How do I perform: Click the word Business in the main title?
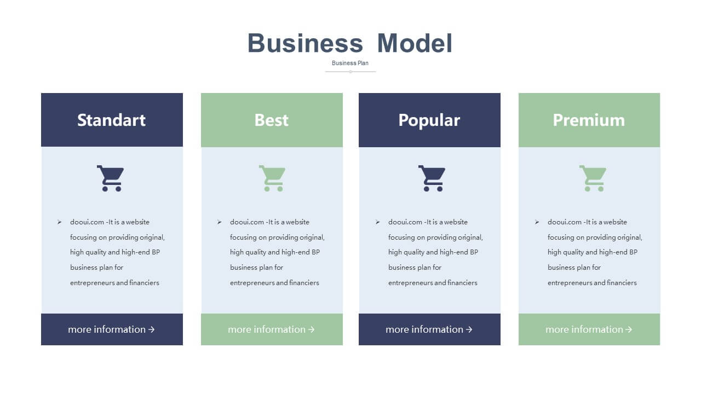click(x=305, y=43)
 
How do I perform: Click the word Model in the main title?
click(x=415, y=43)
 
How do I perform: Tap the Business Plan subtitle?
click(x=350, y=63)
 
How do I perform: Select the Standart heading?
click(x=111, y=120)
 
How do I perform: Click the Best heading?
click(x=271, y=120)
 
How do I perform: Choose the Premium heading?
click(x=589, y=120)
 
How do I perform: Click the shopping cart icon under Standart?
click(x=111, y=178)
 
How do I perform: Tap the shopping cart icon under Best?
click(x=272, y=178)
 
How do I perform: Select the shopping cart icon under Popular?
click(x=432, y=178)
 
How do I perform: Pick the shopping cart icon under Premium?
click(x=593, y=178)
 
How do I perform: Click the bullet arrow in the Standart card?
click(x=60, y=222)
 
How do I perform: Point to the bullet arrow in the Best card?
click(x=220, y=222)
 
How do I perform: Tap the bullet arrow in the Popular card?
click(x=378, y=222)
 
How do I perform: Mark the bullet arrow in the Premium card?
click(x=537, y=222)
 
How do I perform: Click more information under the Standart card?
click(x=107, y=329)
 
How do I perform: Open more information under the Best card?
click(x=267, y=329)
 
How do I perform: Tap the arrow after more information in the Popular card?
click(x=469, y=329)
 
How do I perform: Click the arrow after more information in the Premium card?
click(x=629, y=329)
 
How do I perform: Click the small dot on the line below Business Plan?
click(x=350, y=72)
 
